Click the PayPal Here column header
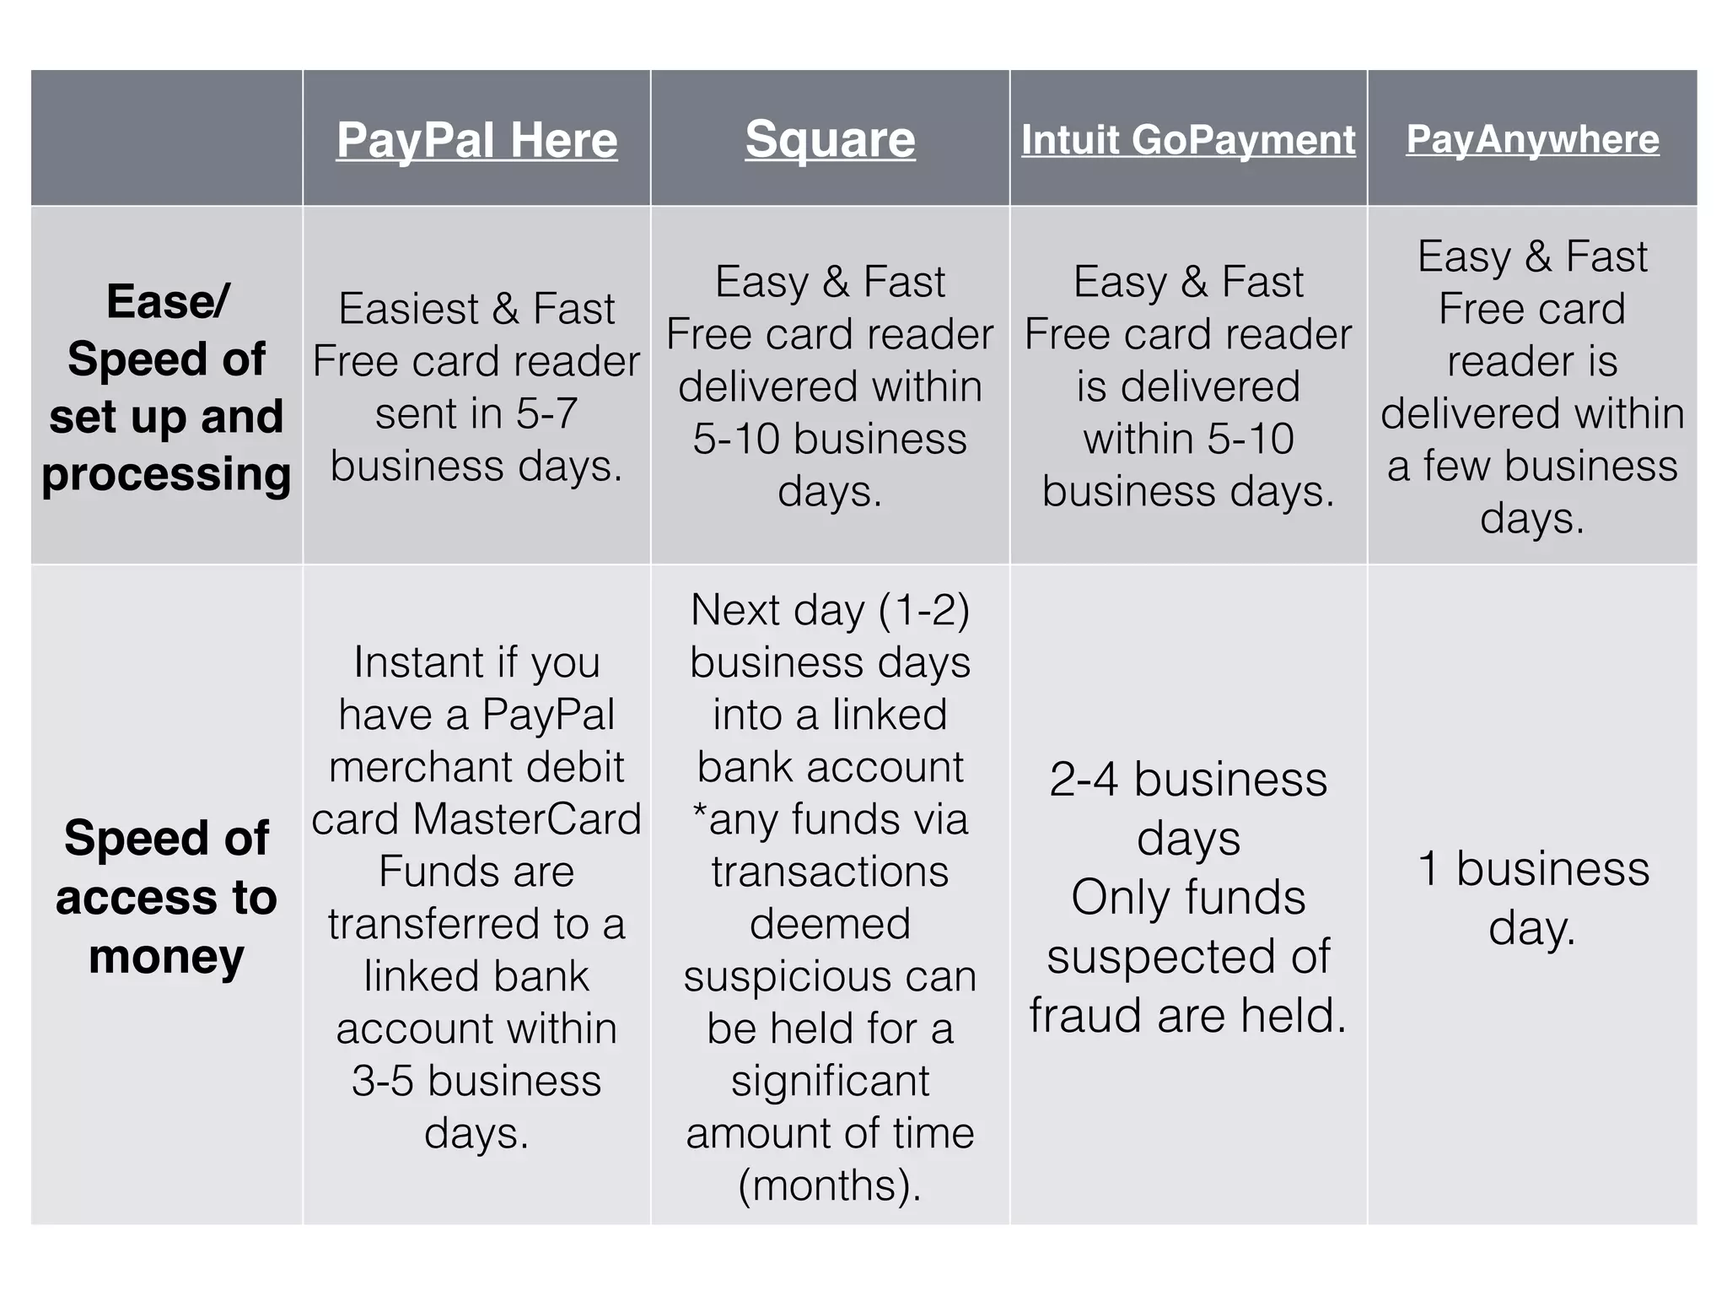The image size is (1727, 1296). pos(476,140)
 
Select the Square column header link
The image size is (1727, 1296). pos(830,140)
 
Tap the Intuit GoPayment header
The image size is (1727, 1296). pos(1188,140)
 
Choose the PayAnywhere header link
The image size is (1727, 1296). pos(1532,139)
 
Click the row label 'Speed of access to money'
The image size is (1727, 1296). pos(166,896)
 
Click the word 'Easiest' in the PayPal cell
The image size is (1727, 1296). pos(408,309)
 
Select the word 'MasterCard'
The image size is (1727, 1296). pos(527,819)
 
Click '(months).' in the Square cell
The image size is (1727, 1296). pos(830,1185)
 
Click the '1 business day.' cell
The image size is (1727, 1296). pos(1532,898)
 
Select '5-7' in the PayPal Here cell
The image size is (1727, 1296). pos(546,414)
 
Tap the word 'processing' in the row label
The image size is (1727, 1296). pos(166,474)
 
